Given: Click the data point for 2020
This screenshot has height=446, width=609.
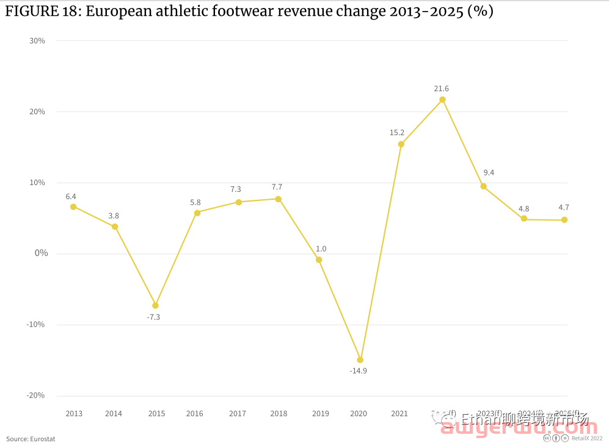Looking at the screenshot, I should tap(360, 360).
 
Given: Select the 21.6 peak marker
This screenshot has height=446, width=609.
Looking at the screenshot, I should tap(442, 100).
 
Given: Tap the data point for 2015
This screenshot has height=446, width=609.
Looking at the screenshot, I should tap(155, 305).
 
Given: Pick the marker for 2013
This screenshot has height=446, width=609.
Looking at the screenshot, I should tap(73, 207).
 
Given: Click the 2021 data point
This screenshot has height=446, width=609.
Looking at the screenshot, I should tap(401, 144).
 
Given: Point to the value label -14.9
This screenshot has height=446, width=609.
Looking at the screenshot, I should tap(358, 371).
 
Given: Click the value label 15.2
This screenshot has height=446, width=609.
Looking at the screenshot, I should tap(397, 133).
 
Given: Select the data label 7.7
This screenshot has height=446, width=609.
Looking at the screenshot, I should tap(277, 187).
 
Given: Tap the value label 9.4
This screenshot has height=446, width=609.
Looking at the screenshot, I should tap(488, 173).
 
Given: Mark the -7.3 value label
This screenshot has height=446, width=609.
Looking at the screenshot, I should tap(153, 317).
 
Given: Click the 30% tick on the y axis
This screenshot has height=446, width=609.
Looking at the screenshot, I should tap(37, 41).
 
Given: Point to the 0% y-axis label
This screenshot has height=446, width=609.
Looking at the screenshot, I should tap(41, 253).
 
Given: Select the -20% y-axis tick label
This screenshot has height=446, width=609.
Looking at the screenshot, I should tap(35, 395).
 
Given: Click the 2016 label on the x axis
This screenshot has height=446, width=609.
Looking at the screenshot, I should tap(195, 414).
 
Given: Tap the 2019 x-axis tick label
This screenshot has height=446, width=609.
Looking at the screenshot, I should tap(320, 414).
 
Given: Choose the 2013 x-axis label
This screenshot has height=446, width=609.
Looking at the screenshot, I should tap(74, 414).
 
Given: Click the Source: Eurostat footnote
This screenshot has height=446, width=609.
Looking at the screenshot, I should tap(31, 439).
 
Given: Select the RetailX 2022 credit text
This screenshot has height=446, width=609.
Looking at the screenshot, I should tap(587, 438).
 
